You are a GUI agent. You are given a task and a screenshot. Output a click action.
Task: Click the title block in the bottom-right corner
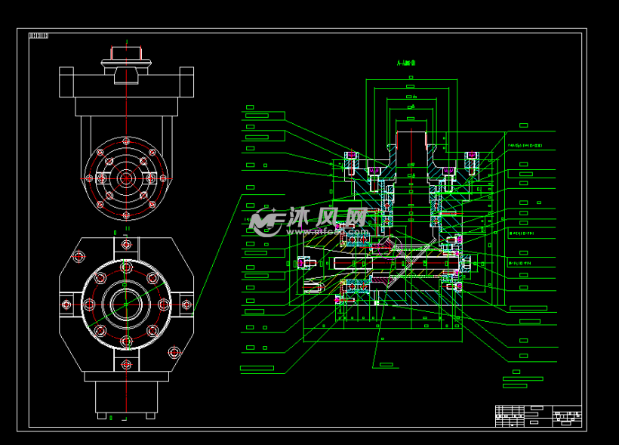(x=538, y=416)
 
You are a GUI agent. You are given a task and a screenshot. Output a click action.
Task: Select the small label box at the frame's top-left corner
(x=38, y=36)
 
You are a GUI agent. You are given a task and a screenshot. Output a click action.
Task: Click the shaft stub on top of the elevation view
(x=127, y=53)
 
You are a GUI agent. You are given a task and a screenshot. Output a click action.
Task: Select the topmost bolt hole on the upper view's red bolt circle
(x=126, y=143)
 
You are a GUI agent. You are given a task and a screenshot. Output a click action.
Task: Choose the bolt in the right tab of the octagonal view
(x=186, y=304)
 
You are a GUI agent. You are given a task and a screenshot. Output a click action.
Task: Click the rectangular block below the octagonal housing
(x=126, y=396)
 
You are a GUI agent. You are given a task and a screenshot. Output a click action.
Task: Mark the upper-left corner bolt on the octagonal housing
(x=78, y=257)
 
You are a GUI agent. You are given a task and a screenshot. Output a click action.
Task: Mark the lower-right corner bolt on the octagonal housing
(x=175, y=351)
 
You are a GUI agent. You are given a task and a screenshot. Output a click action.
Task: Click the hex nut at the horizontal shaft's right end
(x=466, y=263)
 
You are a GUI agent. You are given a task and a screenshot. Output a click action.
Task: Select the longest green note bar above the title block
(x=522, y=379)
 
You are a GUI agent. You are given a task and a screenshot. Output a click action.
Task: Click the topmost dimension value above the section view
(x=411, y=87)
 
